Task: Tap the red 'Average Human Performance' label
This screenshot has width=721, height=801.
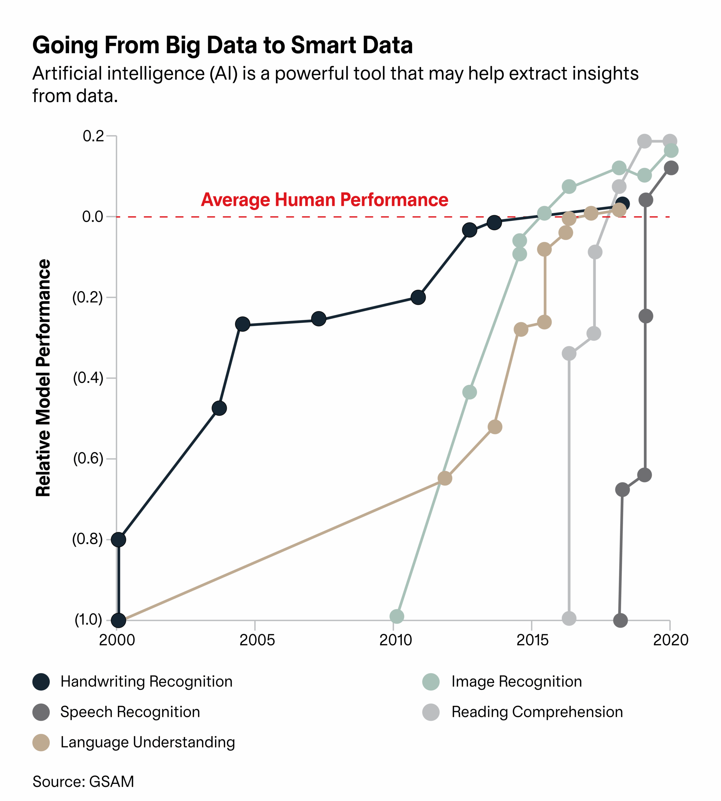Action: point(325,200)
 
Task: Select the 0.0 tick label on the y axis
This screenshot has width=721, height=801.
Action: point(93,217)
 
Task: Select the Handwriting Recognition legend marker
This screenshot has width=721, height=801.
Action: point(41,682)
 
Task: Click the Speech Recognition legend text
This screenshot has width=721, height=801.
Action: point(130,712)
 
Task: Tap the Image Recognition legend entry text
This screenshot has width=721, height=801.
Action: point(517,682)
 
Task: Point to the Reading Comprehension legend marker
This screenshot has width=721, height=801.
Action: point(431,712)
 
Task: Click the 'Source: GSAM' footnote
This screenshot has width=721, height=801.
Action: point(83,782)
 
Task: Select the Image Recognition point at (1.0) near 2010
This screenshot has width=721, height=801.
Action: point(396,616)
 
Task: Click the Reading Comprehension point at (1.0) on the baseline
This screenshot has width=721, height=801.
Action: point(569,618)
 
